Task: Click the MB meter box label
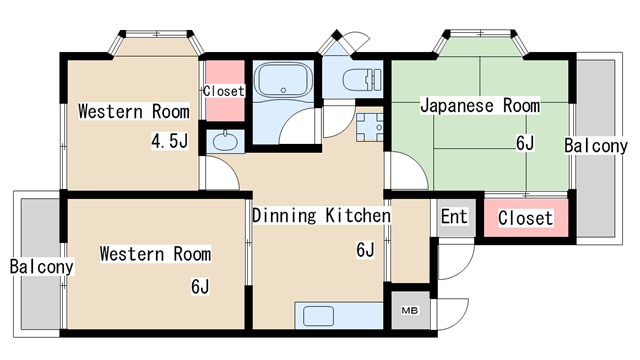pyautogui.click(x=409, y=310)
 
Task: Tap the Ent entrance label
pyautogui.click(x=453, y=216)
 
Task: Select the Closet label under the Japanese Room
pyautogui.click(x=525, y=218)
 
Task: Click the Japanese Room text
pyautogui.click(x=479, y=105)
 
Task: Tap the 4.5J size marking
pyautogui.click(x=169, y=141)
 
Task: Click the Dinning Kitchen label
pyautogui.click(x=320, y=215)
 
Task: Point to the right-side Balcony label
pyautogui.click(x=596, y=146)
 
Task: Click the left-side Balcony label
pyautogui.click(x=42, y=267)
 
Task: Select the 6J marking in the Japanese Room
pyautogui.click(x=525, y=142)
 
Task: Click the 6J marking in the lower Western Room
pyautogui.click(x=201, y=287)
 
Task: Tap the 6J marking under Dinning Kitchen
pyautogui.click(x=365, y=249)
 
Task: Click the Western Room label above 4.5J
pyautogui.click(x=134, y=110)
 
